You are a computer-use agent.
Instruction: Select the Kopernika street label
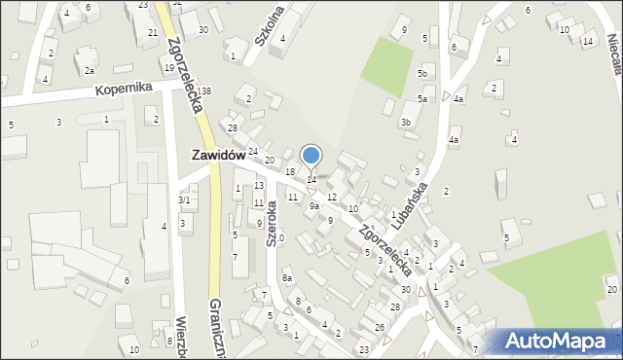pos(124,88)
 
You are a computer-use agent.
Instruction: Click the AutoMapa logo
pos(559,341)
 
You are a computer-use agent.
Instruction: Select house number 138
pos(205,90)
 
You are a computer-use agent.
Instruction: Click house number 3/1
pos(184,199)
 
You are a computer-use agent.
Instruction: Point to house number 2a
pos(89,70)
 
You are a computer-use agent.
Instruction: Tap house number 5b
pos(422,73)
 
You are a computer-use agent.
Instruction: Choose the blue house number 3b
pos(405,122)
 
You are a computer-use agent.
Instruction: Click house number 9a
pos(314,205)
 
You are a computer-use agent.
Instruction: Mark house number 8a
pos(287,278)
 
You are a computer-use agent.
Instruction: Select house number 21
pos(153,33)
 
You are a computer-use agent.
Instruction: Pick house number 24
pos(252,151)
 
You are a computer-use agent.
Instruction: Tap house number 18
pos(290,171)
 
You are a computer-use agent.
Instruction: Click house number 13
pos(259,185)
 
